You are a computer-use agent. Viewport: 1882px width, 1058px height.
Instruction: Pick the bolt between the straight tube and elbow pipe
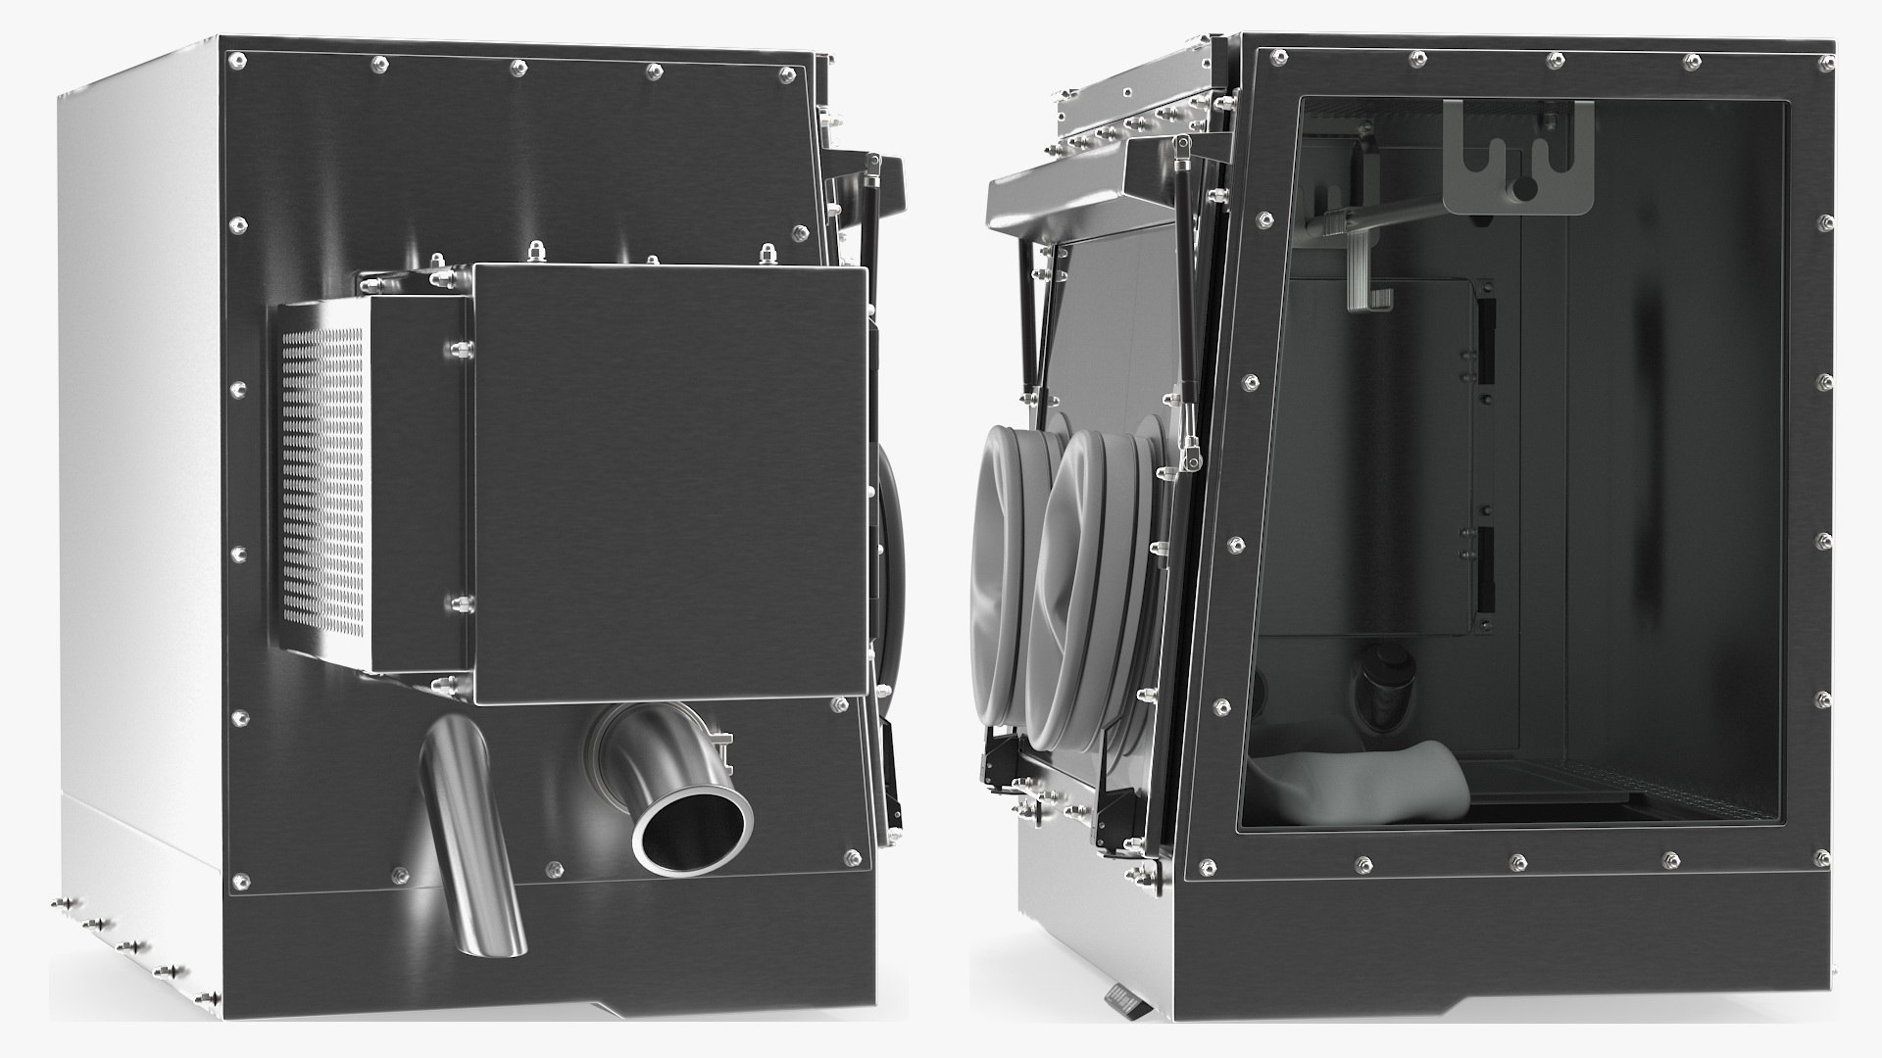pos(554,869)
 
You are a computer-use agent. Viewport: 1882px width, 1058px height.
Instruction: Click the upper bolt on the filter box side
pos(457,349)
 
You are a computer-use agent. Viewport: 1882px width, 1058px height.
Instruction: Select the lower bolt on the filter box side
pos(457,601)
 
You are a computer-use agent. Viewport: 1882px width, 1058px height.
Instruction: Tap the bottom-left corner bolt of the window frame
pos(1208,867)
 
